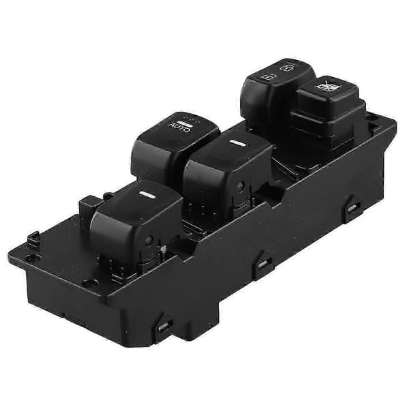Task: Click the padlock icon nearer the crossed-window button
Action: [286, 68]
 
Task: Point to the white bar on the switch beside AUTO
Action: [237, 143]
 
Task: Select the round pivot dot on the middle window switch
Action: [240, 185]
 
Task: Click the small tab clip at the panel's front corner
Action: [33, 237]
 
